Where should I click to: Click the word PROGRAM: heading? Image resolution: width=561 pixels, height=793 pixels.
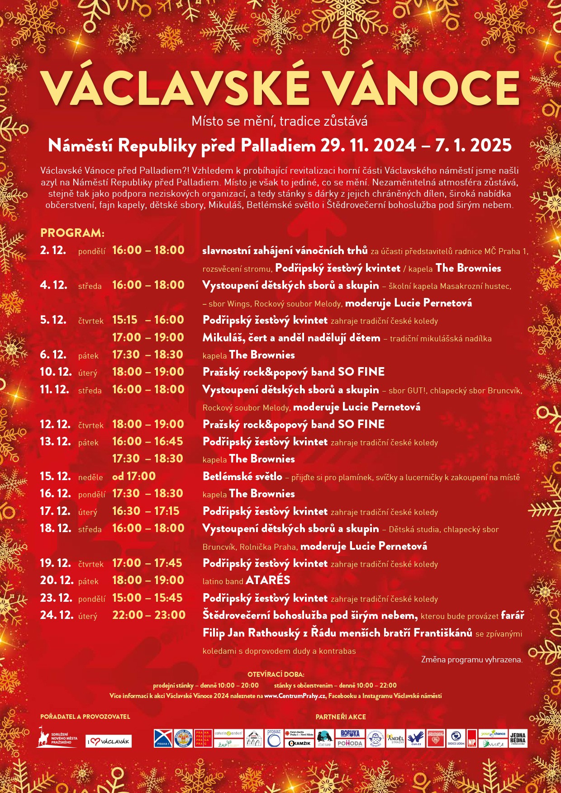coord(72,233)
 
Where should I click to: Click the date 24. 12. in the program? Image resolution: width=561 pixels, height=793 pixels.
coord(57,615)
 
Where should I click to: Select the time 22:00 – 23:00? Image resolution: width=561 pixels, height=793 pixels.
coord(149,615)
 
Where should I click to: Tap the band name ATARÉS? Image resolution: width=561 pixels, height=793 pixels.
coord(268,580)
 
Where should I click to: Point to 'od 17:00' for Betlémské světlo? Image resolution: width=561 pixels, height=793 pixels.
coord(134,476)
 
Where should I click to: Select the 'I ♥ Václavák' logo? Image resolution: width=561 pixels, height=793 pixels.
coord(109,741)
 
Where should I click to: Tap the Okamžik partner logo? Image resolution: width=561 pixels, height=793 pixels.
coord(300,743)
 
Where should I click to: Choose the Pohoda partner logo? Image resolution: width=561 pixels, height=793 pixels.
coord(350,743)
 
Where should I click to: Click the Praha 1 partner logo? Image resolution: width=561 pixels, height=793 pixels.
coord(163,738)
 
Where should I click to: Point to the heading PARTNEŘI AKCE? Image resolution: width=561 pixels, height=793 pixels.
coord(341,717)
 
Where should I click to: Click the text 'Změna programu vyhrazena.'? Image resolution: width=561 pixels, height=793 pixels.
coord(471,660)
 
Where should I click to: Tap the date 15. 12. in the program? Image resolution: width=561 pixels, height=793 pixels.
coord(55,476)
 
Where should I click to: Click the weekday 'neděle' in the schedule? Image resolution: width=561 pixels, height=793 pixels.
coord(90,477)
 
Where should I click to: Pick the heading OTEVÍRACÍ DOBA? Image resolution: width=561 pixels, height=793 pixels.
coord(276,674)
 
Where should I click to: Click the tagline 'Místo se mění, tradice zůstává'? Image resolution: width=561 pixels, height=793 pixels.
coord(280,121)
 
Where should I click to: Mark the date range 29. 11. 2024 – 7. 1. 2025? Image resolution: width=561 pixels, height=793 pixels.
coord(416,146)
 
